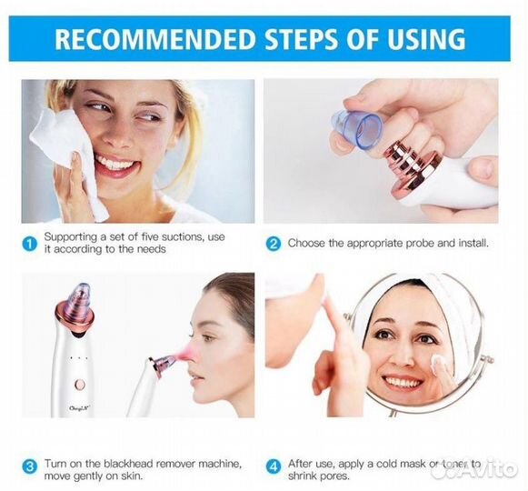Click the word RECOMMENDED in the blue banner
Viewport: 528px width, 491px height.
154,39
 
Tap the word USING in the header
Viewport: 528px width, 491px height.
426,39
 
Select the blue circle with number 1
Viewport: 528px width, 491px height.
30,243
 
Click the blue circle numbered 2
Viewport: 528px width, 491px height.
274,244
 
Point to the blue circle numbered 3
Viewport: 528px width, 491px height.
30,467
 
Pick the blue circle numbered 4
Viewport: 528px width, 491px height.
274,467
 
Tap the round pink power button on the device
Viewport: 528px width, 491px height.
79,384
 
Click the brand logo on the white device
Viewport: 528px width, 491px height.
79,408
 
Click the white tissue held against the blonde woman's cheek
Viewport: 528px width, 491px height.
67,158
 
